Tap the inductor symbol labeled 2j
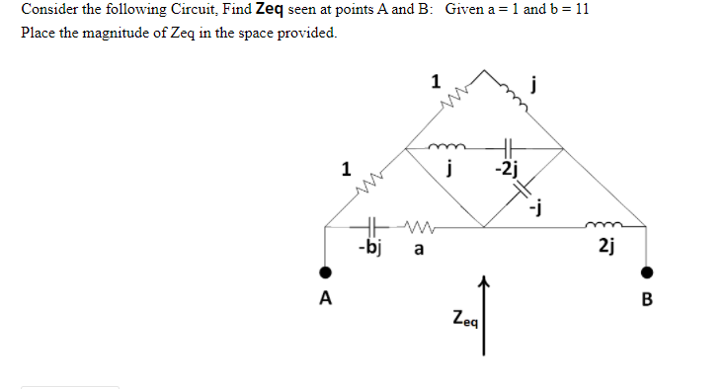coord(605,226)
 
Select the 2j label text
coord(605,247)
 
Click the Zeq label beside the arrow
coord(464,319)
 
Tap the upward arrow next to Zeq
coord(483,316)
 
